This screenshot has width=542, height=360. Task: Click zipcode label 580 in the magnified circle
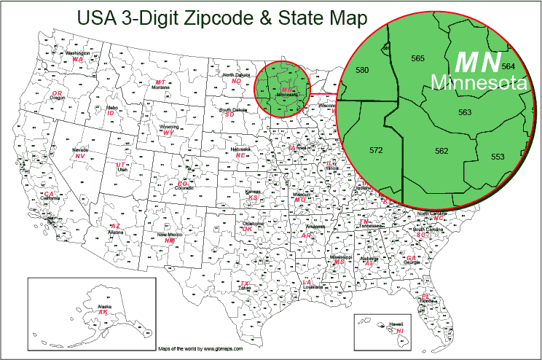pos(361,70)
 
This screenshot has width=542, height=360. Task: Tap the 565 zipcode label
pos(417,58)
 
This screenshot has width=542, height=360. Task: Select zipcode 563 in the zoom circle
pos(465,112)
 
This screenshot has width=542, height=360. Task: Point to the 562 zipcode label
pos(441,151)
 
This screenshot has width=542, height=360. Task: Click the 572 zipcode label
pos(376,151)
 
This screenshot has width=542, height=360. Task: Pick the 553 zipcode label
pos(498,157)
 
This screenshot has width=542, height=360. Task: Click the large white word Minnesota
pos(478,84)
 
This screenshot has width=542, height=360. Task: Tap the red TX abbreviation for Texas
pos(245,283)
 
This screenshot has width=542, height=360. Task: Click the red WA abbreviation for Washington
pos(77,59)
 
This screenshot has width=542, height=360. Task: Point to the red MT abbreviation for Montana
pos(161,82)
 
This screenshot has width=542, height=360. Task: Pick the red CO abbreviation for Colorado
pos(182,183)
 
